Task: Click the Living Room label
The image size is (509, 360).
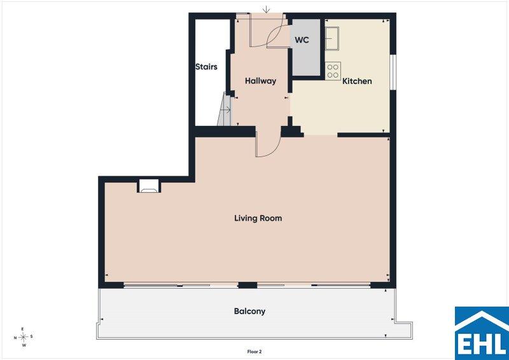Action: pos(258,218)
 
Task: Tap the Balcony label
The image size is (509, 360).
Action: pos(249,311)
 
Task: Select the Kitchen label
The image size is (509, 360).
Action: pos(357,81)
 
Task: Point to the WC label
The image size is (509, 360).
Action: pos(302,40)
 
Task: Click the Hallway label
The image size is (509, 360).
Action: pos(260,81)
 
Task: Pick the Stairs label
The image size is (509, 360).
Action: pos(206,67)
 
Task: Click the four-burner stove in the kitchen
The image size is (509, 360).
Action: pos(333,71)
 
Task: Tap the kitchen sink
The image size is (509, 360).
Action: pos(331,38)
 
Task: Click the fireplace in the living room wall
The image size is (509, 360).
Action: pos(149,186)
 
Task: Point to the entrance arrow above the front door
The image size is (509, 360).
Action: pos(266,10)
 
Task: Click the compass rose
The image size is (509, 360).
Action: pos(23,337)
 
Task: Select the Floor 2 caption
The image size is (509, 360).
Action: pos(254,352)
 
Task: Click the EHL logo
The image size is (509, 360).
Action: pos(482,333)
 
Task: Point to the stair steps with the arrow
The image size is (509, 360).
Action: pos(225,109)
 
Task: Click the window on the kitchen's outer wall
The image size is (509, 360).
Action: pos(393,72)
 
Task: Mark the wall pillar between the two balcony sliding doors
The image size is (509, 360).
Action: pos(248,286)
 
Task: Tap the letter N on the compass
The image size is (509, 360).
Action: pos(15,338)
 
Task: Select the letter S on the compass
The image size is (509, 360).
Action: pos(31,336)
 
